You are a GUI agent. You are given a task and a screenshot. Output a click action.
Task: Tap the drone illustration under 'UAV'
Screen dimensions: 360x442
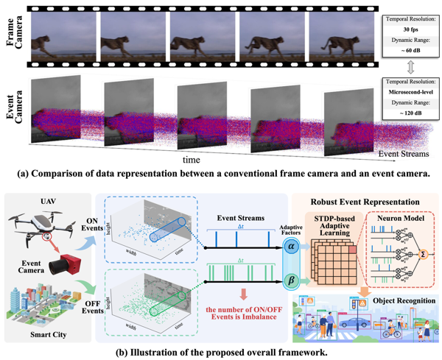(x=35, y=222)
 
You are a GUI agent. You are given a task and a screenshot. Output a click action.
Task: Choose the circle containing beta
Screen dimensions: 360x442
(x=290, y=280)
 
